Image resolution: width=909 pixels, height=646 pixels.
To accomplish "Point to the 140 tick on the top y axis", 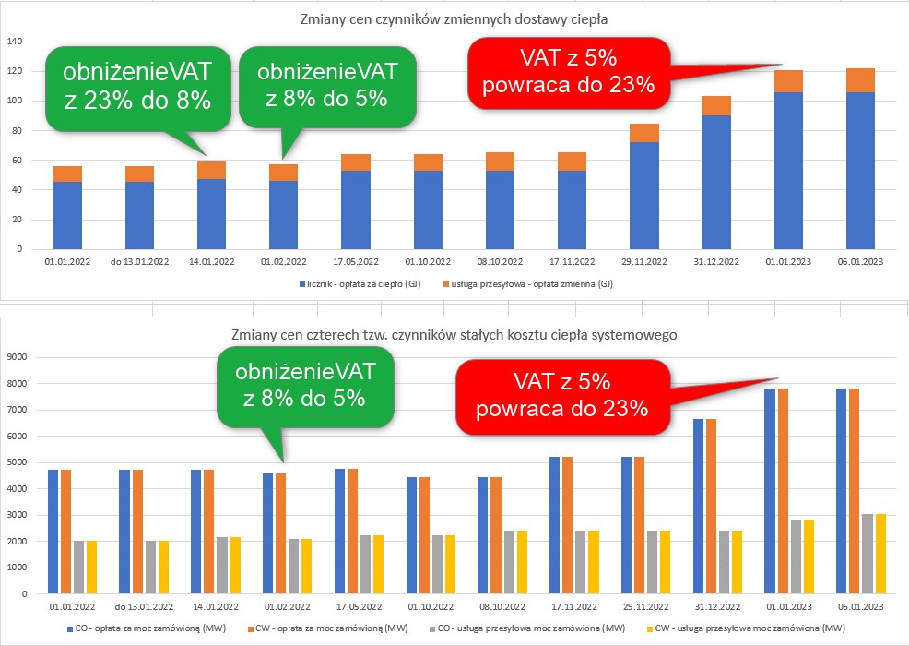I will click(x=15, y=42).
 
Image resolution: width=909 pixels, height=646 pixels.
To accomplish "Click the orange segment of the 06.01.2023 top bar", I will click(x=859, y=80).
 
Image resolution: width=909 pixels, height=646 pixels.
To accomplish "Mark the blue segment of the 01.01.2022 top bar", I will click(x=68, y=215).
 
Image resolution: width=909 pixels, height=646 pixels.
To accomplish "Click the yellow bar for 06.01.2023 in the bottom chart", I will click(x=879, y=553).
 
